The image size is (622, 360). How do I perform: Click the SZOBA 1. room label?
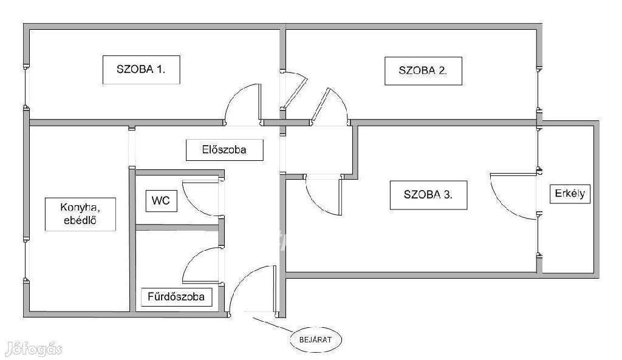pyautogui.click(x=141, y=70)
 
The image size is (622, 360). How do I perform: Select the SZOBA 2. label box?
pyautogui.click(x=423, y=71)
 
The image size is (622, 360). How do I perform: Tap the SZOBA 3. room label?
pyautogui.click(x=428, y=195)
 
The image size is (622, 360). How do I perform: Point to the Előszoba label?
pyautogui.click(x=225, y=150)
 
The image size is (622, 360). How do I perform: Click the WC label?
pyautogui.click(x=160, y=201)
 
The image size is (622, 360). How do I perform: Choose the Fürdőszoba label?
pyautogui.click(x=177, y=297)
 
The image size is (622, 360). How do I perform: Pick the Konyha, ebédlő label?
pyautogui.click(x=80, y=214)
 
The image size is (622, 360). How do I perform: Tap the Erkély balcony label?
pyautogui.click(x=570, y=194)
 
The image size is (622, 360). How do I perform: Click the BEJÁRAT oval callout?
pyautogui.click(x=316, y=340)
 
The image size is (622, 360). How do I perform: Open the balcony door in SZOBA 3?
pyautogui.click(x=514, y=196)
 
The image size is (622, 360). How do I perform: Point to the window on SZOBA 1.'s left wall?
pyautogui.click(x=26, y=87)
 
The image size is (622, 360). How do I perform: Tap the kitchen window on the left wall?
pyautogui.click(x=26, y=260)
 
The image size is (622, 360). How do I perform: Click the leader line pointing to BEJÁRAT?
pyautogui.click(x=273, y=324)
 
